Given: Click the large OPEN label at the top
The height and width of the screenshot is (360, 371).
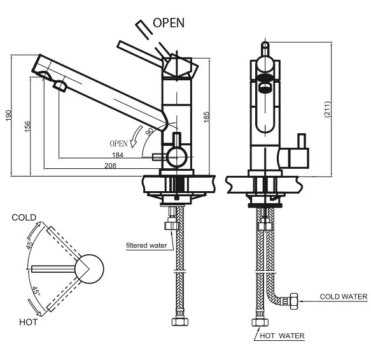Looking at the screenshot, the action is click(x=169, y=23).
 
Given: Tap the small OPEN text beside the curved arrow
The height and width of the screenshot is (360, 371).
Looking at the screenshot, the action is click(x=118, y=143).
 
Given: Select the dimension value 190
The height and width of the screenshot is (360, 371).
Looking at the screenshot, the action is click(x=8, y=115).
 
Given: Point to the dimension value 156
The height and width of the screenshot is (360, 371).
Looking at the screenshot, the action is click(x=27, y=126).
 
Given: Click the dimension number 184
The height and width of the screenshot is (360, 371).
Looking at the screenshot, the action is click(x=118, y=155).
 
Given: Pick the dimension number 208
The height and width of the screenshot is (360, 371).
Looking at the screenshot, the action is click(x=110, y=166).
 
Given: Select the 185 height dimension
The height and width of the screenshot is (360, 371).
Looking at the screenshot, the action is click(x=206, y=117).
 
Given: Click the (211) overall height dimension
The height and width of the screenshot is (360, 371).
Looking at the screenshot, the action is click(x=327, y=110).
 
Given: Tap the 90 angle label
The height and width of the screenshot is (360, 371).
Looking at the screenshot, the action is click(x=150, y=131).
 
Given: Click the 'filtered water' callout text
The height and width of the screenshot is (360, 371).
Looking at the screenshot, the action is click(x=146, y=245).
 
